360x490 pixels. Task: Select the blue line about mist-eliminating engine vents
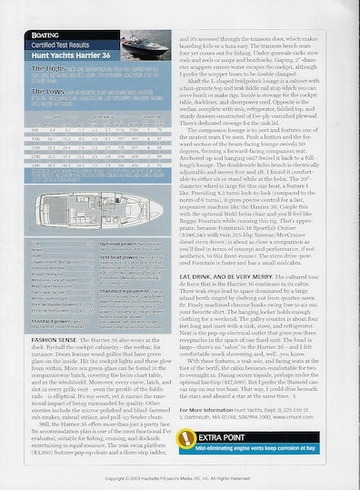click(x=273, y=445)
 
